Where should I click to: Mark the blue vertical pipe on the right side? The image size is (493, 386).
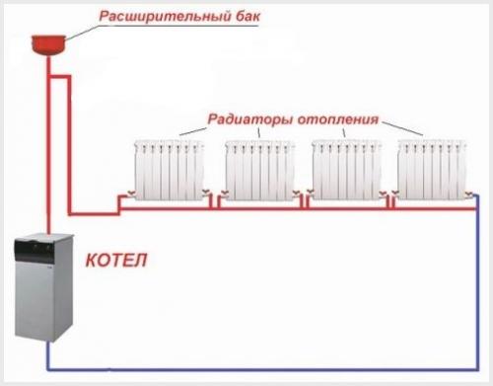[478, 286]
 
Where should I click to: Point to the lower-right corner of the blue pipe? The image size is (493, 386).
[477, 368]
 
